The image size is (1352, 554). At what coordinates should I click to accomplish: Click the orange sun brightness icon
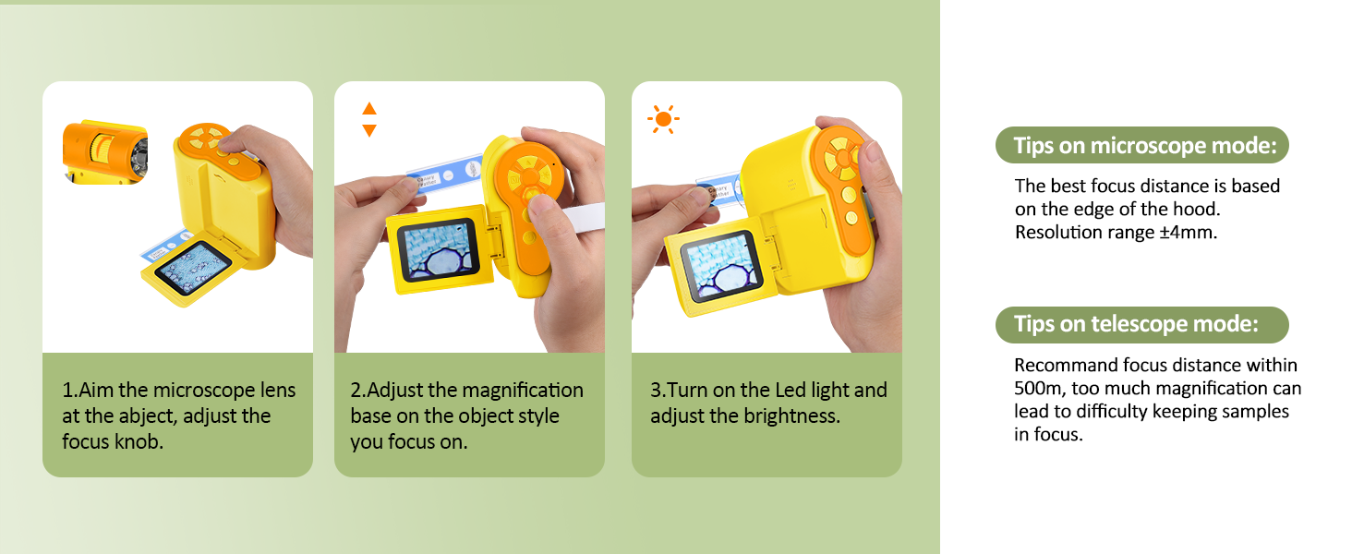[x=663, y=119]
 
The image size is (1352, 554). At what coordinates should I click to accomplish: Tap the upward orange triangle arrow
[x=369, y=109]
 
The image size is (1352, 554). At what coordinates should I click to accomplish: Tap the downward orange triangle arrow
[x=369, y=130]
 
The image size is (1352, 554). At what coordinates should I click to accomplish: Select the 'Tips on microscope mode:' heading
[x=1144, y=146]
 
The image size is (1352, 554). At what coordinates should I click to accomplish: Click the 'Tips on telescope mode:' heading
[x=1135, y=324]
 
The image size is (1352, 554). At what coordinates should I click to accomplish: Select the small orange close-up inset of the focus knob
[x=105, y=152]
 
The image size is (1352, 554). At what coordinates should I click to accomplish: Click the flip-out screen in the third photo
[x=720, y=266]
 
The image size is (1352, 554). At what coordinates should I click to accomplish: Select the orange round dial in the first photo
[x=205, y=138]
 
